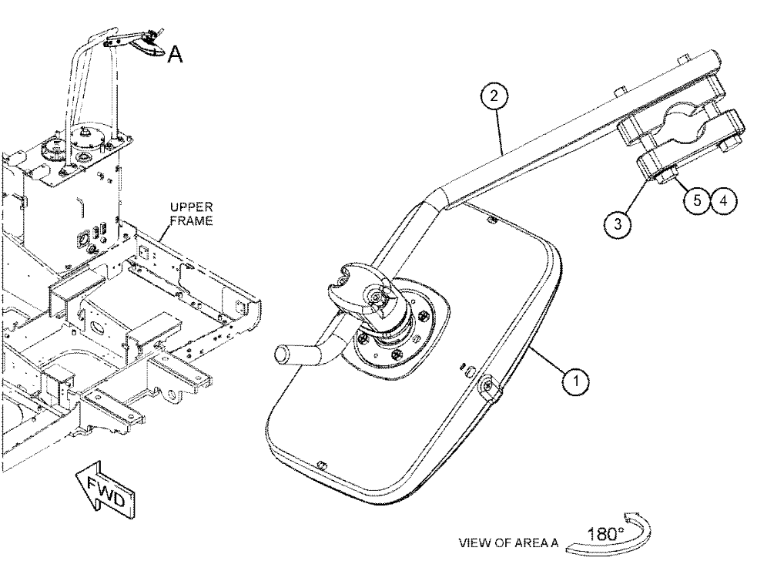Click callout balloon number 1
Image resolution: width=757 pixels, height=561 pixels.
575,381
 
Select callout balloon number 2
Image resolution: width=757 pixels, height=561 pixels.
494,96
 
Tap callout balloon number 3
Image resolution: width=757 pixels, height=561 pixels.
618,224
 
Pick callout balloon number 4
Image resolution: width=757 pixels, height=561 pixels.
723,200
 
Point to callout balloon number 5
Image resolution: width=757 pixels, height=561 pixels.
697,200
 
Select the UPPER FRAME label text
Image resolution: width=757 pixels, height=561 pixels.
191,213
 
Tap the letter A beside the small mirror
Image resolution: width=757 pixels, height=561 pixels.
176,55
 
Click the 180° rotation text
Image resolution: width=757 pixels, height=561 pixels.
605,535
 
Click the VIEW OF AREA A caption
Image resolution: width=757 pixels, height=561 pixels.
508,543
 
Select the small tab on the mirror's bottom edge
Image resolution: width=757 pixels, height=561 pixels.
320,465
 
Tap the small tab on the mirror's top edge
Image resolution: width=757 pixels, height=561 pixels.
491,221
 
